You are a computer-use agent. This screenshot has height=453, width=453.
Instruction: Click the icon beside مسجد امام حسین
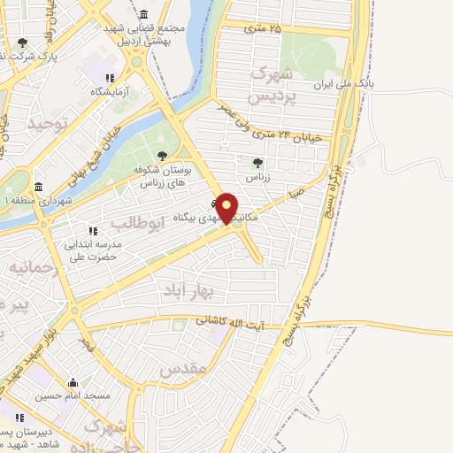(x=73, y=383)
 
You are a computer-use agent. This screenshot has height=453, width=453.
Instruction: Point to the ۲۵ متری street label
(x=264, y=28)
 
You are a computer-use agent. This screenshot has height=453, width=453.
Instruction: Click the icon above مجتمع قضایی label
(x=143, y=15)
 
